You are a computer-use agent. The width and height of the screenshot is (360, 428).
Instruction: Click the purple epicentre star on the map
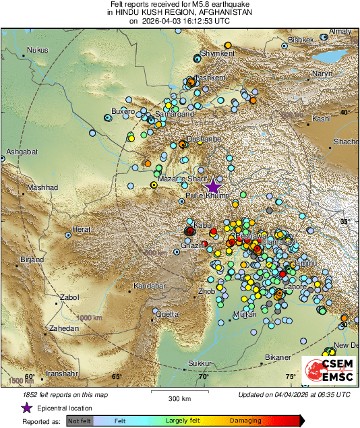coord(213,187)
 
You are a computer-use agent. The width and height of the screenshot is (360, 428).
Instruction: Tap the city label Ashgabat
coord(20,152)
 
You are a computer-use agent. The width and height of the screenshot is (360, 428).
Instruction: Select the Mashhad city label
coord(42,187)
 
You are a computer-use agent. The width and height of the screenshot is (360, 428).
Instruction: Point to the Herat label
coord(82,230)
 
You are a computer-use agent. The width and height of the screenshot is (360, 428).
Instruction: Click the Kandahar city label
coord(149,286)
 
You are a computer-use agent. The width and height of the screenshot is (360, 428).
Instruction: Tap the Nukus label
coord(38,50)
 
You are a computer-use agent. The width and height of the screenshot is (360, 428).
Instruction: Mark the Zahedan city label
coord(63,328)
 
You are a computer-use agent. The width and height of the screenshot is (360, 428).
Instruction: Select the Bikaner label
coord(277,357)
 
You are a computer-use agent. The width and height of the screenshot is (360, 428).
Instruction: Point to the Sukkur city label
coord(200,364)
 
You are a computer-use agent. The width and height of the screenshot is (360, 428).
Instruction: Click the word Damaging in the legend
coord(246,421)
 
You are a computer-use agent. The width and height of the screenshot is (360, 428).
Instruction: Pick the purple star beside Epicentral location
coord(27,408)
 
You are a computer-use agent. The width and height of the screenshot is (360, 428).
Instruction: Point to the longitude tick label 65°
coord(116,377)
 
